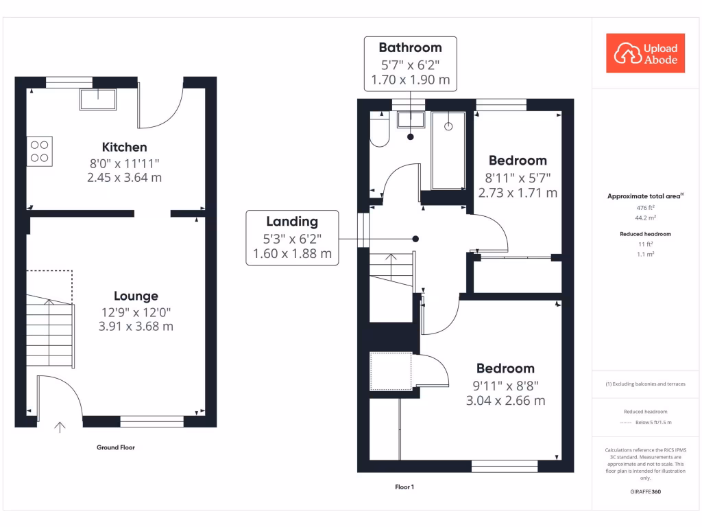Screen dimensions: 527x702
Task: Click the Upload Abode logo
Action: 645,54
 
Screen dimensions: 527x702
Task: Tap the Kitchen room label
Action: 124,147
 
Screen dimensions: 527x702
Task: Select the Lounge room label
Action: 136,296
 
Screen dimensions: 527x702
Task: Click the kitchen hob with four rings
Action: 39,152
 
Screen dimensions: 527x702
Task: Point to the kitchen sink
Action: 97,100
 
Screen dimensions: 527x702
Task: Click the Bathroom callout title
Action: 410,48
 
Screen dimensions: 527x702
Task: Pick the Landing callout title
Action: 292,221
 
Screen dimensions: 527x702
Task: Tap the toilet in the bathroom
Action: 379,130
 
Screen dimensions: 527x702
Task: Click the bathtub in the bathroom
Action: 448,150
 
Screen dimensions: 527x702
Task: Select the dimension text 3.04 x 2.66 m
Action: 506,400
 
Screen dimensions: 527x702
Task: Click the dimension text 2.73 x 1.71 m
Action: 518,193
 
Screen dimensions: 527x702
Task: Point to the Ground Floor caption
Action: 116,447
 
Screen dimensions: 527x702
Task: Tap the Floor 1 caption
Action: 404,487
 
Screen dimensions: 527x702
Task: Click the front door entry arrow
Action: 60,427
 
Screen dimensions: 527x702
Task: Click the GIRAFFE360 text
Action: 645,492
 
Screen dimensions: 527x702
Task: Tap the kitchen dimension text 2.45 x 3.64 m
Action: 124,178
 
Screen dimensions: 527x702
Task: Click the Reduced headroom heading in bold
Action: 645,234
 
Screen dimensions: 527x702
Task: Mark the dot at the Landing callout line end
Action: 415,239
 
